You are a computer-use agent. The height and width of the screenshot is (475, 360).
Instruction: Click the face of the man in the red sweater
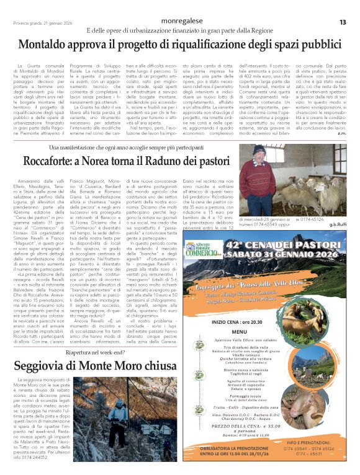261,153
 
